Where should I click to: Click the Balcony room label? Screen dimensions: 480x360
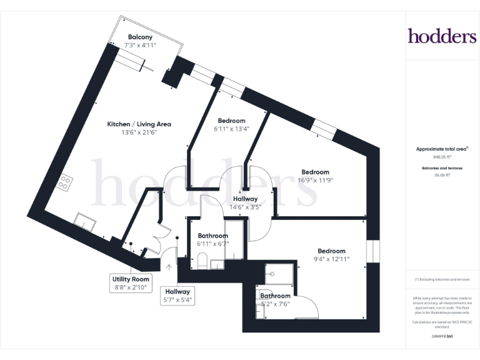141,37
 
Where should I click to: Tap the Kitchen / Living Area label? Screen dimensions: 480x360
139,124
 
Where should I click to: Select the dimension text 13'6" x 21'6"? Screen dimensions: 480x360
139,132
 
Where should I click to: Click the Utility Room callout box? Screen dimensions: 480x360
131,283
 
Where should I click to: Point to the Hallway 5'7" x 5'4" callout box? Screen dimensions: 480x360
177,296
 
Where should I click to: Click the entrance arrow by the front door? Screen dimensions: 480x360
169,266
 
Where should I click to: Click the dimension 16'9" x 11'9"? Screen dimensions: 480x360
315,180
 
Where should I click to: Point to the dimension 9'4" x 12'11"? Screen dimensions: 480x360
331,259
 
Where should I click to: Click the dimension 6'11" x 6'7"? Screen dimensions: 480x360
212,244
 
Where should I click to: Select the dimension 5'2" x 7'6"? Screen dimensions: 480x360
275,304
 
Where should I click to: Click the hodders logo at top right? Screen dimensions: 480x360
442,36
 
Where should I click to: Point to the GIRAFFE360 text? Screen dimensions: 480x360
442,336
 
